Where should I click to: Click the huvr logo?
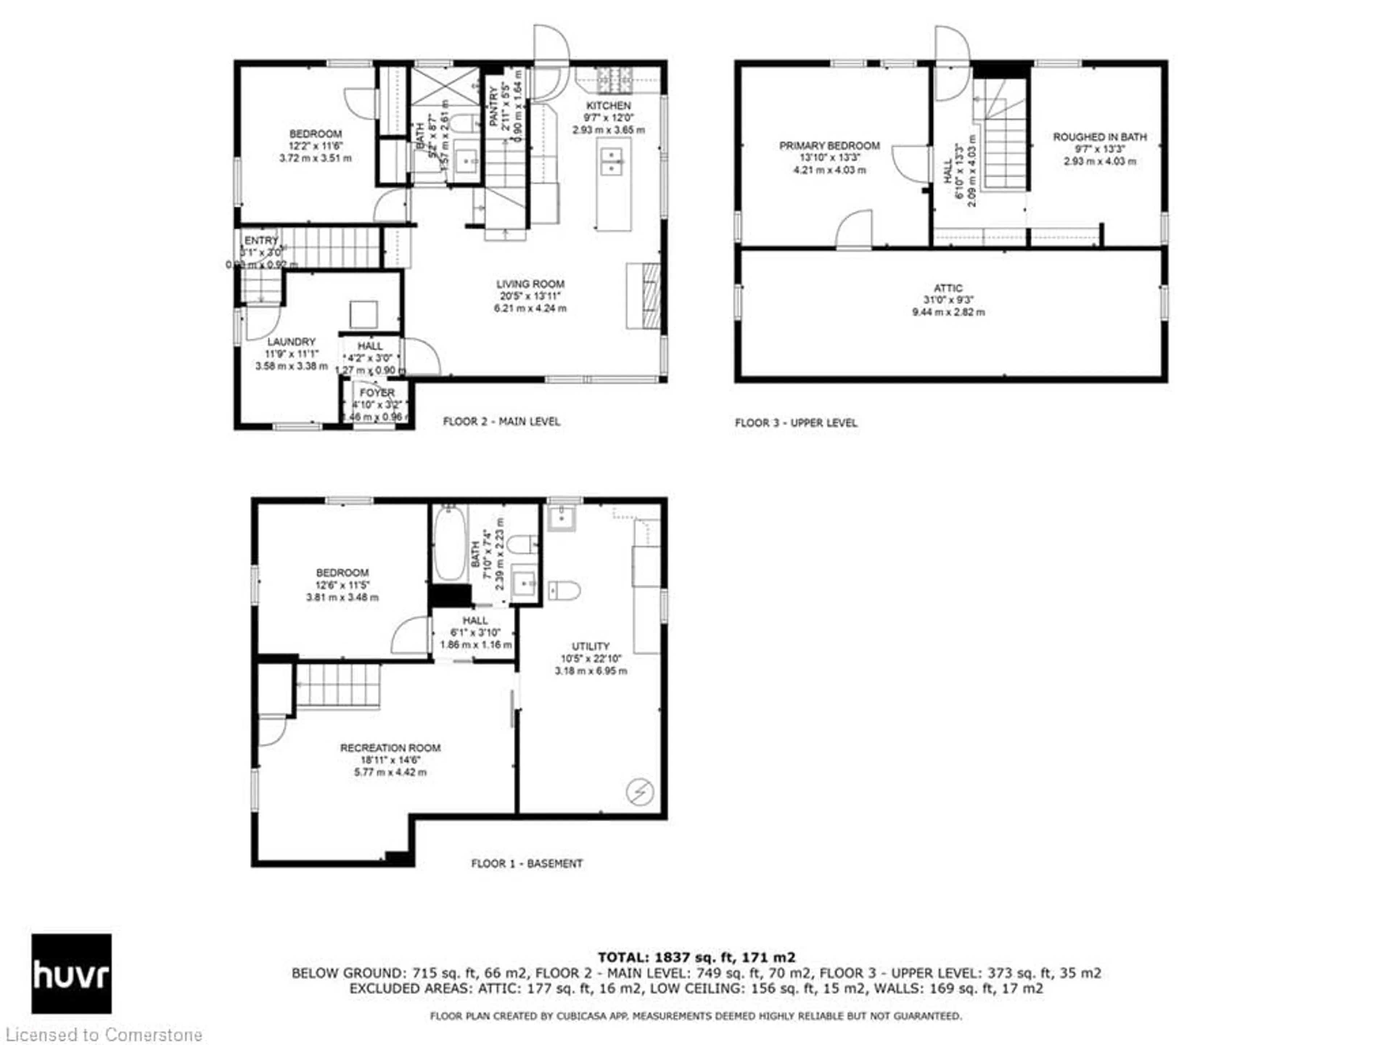point(71,973)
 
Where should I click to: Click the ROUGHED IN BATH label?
point(1100,137)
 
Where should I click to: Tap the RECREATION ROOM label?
point(390,748)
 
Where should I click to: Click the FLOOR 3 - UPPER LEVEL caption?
point(796,423)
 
